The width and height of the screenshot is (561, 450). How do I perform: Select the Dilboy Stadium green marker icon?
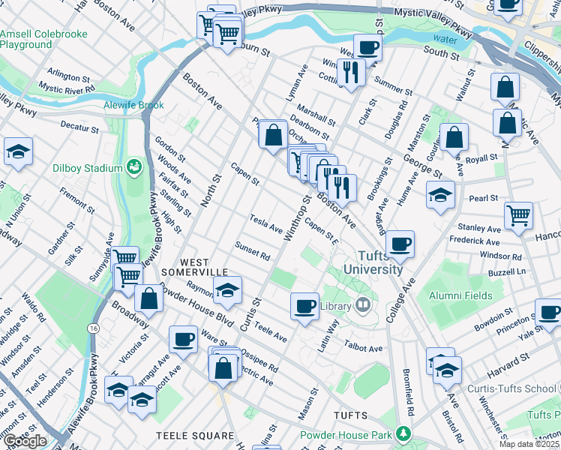click(x=135, y=166)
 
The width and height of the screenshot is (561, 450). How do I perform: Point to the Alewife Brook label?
click(x=133, y=105)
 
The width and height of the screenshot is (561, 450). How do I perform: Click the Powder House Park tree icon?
click(x=404, y=434)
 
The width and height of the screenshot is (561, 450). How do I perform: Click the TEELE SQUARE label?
click(x=195, y=435)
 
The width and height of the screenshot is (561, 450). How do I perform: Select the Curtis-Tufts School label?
click(x=512, y=388)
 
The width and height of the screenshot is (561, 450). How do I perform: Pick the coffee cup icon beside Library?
click(x=304, y=306)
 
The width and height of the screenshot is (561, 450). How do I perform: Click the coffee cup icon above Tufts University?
click(x=400, y=243)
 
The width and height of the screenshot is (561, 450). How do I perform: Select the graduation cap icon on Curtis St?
click(x=228, y=290)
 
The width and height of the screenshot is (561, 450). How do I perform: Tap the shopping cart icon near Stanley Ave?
click(x=518, y=215)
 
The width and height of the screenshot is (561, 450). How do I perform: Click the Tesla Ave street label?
click(x=266, y=223)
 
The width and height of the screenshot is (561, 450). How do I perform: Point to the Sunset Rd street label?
click(x=252, y=250)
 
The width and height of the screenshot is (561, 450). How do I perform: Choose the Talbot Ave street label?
click(x=364, y=347)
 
